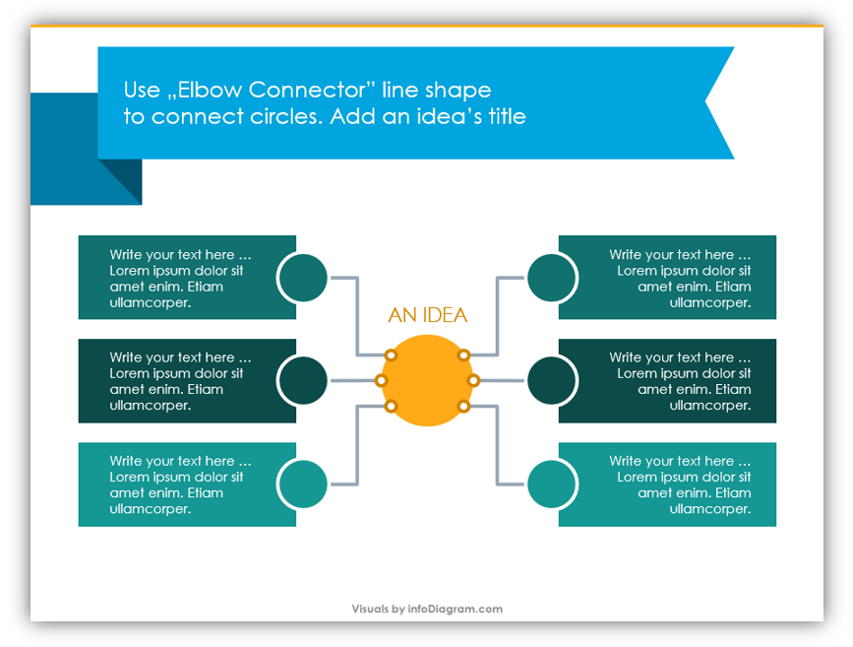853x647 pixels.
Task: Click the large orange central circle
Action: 427,381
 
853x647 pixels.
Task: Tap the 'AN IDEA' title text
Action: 428,315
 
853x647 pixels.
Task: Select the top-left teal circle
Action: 302,277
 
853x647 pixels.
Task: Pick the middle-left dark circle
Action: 302,381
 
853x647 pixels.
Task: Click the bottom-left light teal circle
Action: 302,485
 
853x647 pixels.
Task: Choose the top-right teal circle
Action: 552,277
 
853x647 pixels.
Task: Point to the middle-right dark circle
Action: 552,381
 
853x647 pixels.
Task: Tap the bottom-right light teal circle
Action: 552,485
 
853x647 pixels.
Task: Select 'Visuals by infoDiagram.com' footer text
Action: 427,609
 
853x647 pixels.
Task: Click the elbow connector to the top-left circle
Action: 357,316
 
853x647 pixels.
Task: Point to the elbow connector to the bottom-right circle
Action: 497,445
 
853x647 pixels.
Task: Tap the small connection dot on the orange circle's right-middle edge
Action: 473,380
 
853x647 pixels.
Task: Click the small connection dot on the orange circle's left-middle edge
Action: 382,380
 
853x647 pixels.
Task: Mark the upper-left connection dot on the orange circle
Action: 391,356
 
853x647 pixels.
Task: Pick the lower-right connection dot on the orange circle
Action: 463,406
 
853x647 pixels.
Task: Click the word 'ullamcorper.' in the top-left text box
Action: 151,302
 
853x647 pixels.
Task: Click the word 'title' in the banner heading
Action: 507,116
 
